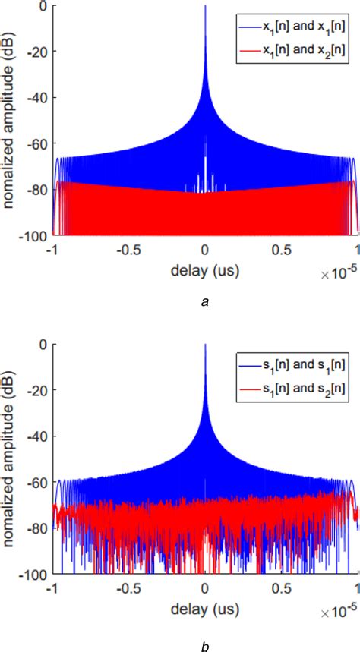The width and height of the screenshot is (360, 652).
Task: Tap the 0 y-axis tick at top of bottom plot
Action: (44, 345)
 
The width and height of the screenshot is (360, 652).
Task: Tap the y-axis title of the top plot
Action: (11, 121)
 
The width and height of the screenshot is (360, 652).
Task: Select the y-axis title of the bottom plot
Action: (11, 460)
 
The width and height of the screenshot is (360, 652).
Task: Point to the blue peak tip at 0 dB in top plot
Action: (205, 7)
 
